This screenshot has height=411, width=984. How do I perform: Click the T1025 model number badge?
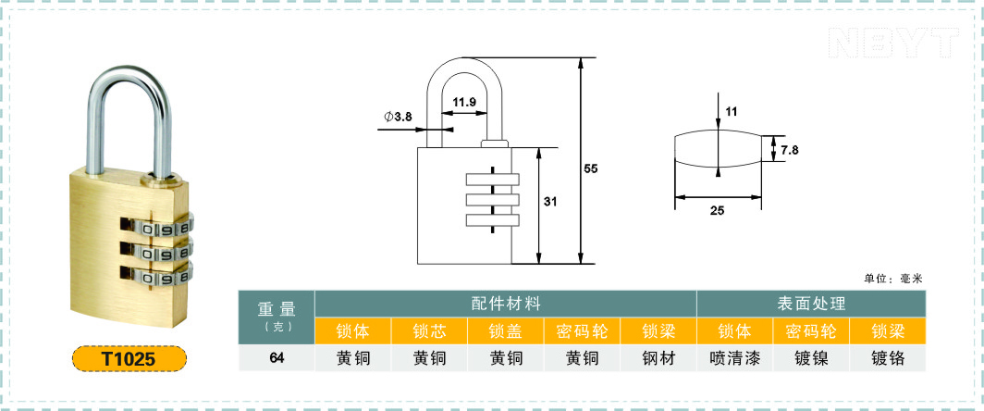129,358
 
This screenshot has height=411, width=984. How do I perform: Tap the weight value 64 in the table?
277,358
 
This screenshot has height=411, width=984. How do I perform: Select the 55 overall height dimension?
591,168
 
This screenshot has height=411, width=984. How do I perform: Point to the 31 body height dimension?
549,202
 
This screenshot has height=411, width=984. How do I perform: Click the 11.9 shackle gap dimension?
463,102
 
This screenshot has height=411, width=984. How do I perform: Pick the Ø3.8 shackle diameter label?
398,117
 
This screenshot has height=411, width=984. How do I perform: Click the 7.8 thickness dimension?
789,150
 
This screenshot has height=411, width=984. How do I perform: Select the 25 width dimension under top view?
717,211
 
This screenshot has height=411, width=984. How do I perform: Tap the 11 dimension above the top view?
732,112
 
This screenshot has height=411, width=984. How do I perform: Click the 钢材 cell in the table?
658,358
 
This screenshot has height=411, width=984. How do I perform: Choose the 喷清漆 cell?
735,358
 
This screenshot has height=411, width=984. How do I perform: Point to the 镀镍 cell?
811,358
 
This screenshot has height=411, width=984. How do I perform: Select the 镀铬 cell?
888,358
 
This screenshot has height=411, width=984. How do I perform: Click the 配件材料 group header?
506,305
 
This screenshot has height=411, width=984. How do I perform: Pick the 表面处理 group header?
811,305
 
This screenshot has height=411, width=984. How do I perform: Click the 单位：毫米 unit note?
893,279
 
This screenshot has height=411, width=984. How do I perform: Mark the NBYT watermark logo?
894,43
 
